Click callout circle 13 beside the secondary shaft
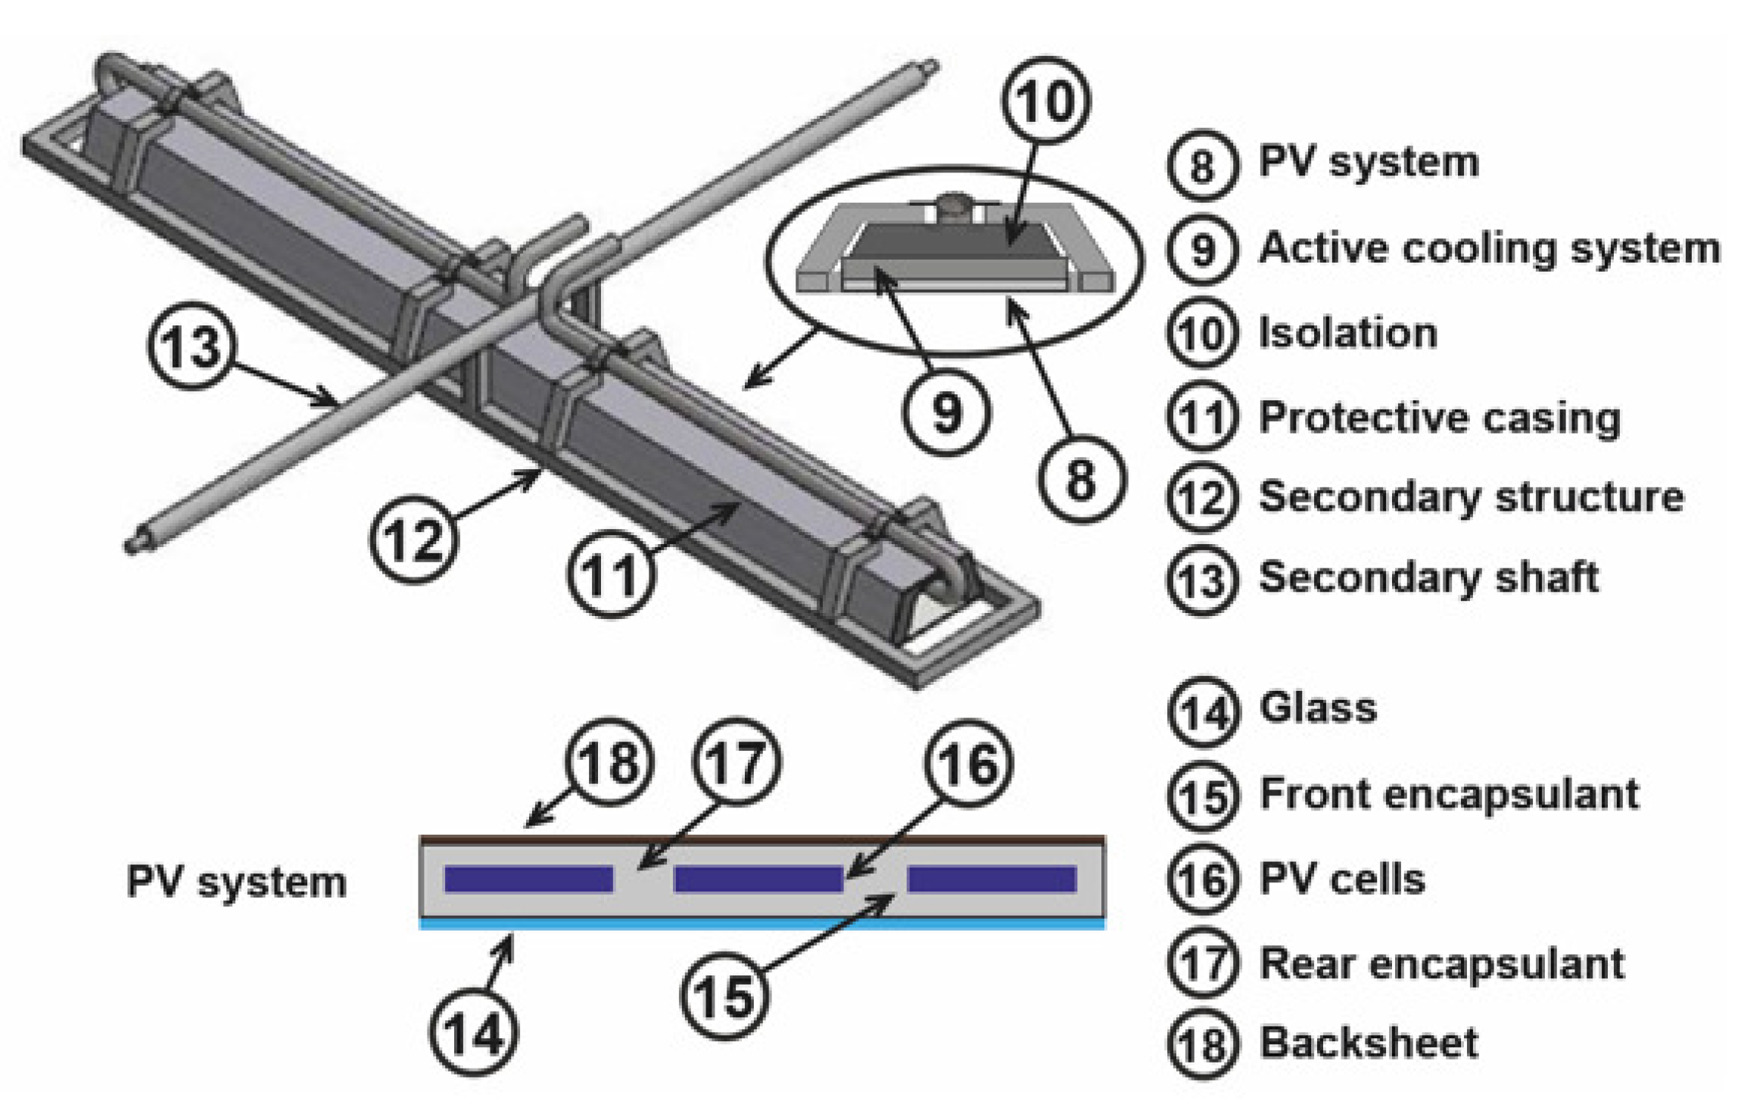192,346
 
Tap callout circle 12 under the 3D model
414,539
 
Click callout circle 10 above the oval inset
1045,100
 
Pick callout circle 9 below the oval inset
946,412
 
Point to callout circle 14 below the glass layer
474,1032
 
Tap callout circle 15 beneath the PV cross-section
724,995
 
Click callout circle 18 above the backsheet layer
609,761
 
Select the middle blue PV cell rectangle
758,879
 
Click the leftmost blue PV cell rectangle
528,879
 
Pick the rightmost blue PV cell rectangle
992,879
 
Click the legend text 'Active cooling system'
1488,248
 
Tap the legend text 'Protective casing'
1439,417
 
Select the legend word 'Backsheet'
1368,1042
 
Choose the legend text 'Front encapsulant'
1448,794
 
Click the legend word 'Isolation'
1347,333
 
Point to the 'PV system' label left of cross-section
236,882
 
